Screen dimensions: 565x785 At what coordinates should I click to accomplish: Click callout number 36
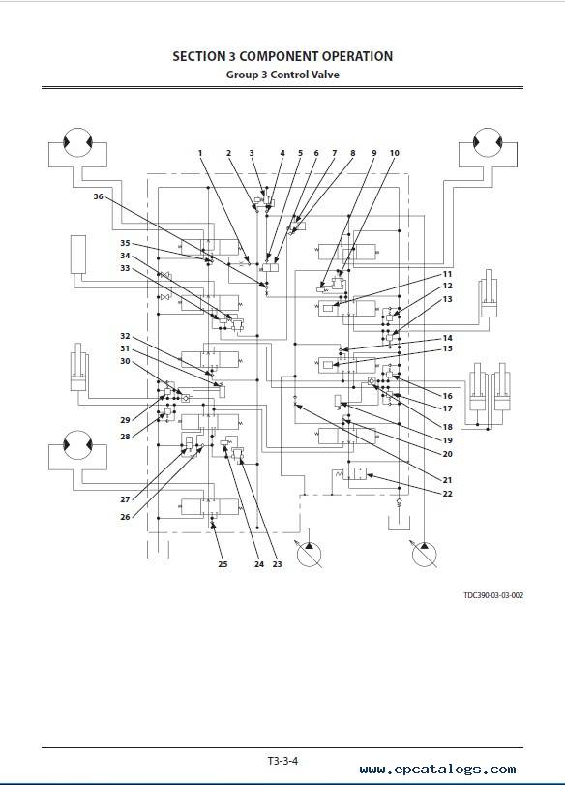tap(98, 196)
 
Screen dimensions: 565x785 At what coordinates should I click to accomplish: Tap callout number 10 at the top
tap(395, 153)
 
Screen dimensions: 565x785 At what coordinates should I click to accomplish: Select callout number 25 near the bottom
tap(223, 564)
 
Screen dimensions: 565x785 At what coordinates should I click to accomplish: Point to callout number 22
tap(447, 494)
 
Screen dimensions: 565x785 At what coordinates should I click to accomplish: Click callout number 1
tap(200, 153)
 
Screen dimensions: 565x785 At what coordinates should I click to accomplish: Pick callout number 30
tap(125, 361)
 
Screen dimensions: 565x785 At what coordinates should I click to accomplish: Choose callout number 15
tap(447, 348)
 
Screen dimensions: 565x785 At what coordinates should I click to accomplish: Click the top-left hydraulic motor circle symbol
tap(77, 142)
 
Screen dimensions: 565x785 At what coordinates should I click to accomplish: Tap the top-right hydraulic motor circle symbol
tap(488, 142)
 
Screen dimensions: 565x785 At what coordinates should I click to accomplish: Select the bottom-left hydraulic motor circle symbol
tap(77, 445)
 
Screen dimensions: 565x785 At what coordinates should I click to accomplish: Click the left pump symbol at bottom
tap(309, 555)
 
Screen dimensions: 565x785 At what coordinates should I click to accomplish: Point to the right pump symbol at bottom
tap(424, 555)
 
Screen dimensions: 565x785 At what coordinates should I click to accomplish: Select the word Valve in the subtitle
tap(325, 75)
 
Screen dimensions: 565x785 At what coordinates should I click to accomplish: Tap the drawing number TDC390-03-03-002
tap(493, 595)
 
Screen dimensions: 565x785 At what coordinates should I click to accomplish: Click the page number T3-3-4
tap(282, 761)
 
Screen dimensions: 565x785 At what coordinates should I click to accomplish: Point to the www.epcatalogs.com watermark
tap(437, 770)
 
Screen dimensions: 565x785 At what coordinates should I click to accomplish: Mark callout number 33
tap(125, 268)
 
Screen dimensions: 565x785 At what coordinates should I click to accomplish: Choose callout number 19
tap(447, 440)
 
